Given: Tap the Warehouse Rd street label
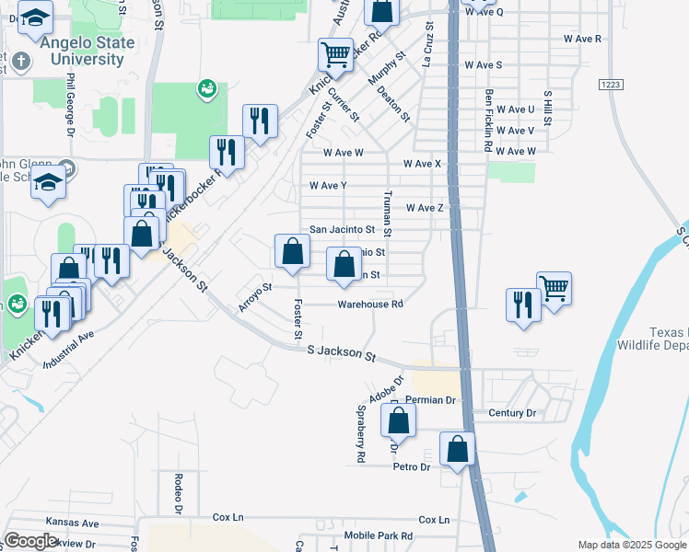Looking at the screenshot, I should point(370,304).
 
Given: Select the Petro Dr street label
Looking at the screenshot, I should point(412,467).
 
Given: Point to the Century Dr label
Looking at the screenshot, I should point(512,413).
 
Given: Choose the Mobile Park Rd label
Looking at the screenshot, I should point(379,535).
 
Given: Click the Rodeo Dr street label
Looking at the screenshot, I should point(179,493).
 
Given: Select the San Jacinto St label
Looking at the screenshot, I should point(342,229).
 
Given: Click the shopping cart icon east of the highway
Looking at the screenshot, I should point(554,287).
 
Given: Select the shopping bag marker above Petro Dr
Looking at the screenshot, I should point(457,448).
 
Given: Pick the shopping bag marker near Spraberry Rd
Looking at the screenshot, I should point(398,420).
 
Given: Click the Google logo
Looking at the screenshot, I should point(30,541).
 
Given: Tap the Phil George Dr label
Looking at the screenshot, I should point(70,107).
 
